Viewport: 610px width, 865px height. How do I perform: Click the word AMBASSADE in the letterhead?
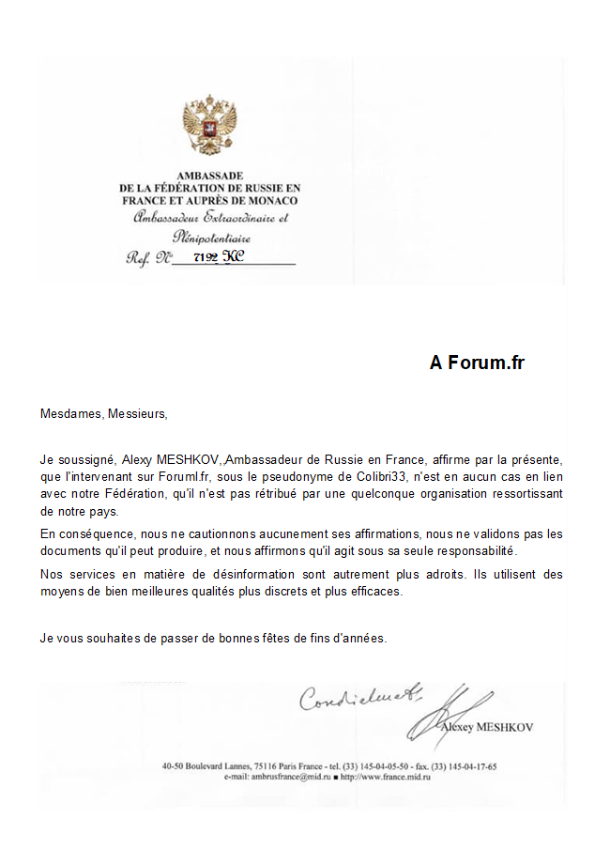(210, 176)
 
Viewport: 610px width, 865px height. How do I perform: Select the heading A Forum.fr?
(477, 363)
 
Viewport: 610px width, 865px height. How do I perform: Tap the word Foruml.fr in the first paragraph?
(183, 477)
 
